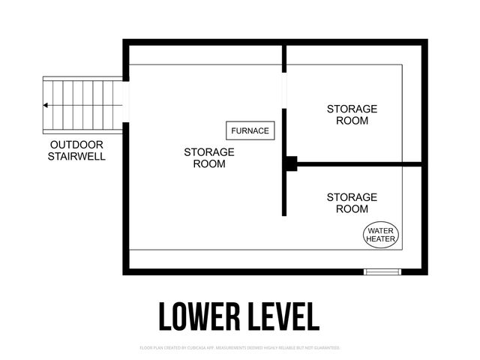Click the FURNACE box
click(250, 130)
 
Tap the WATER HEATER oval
click(381, 235)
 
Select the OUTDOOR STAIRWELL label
click(76, 151)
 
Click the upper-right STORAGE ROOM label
click(352, 115)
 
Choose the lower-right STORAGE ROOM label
click(352, 203)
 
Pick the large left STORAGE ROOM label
click(208, 157)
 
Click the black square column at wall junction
click(291, 163)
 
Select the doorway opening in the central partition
click(284, 91)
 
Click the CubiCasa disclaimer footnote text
click(240, 348)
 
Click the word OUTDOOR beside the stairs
click(76, 145)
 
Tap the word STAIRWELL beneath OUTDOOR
click(76, 157)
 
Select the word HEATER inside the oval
click(381, 240)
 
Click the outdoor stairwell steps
click(82, 104)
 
